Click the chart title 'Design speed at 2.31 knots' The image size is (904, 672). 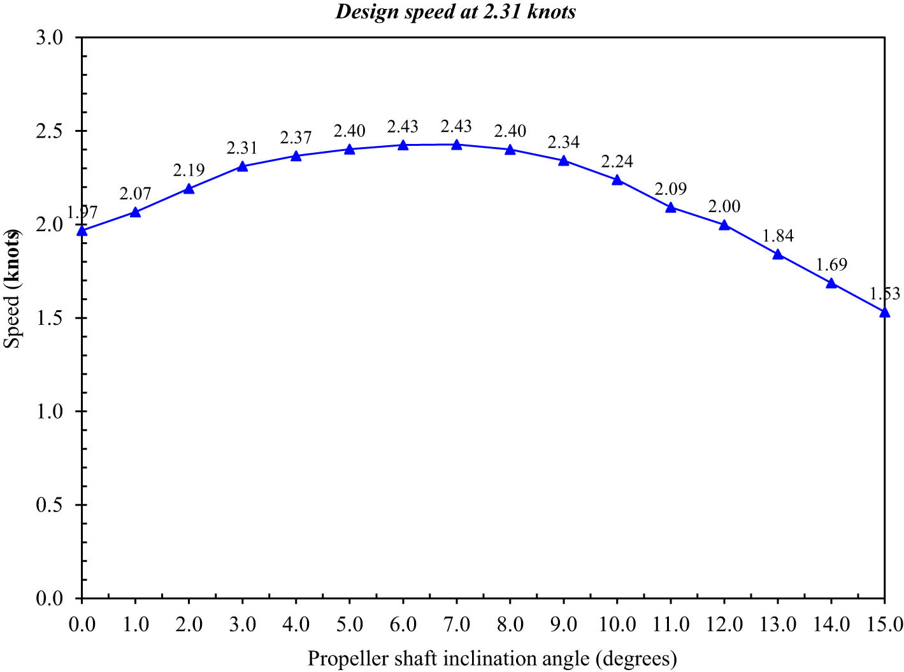coord(456,11)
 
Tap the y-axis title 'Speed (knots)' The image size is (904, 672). coord(12,289)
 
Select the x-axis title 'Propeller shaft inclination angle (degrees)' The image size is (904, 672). coord(492,658)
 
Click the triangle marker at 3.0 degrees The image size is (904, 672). coord(242,166)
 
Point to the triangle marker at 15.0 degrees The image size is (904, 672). coord(884,312)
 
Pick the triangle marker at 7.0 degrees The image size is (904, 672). coord(457,145)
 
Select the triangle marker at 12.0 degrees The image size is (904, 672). coord(724,225)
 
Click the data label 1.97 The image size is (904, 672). coord(82,213)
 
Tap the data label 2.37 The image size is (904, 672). coord(296,138)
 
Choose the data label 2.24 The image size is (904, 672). coord(617,161)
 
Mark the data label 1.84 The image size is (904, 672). coord(778,236)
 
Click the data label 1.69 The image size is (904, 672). coord(831,264)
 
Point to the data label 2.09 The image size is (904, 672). coord(671,189)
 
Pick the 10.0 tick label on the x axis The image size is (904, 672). coord(617,624)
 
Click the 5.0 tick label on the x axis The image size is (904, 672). coord(349,624)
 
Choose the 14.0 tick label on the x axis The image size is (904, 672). coord(831,624)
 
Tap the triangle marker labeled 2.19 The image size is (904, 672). coord(189,189)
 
